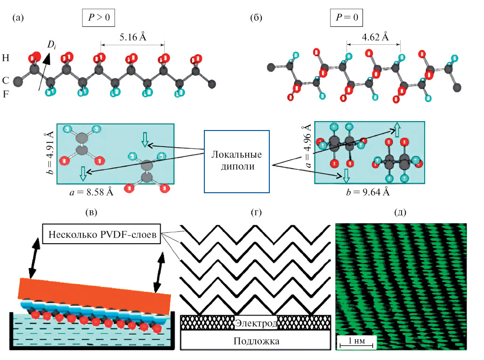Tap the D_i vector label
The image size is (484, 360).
click(x=51, y=45)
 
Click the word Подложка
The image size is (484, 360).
click(x=256, y=341)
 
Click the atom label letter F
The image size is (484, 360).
click(x=6, y=94)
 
